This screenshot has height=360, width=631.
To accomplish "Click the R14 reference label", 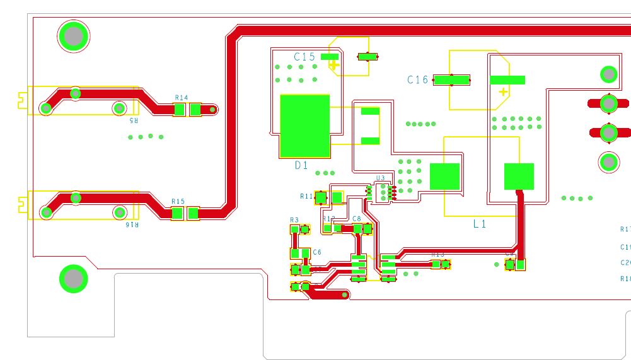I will (x=181, y=98).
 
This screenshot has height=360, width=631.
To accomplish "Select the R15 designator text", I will (x=178, y=202).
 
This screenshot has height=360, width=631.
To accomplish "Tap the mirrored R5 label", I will (x=133, y=120).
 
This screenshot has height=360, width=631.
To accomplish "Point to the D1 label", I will (x=301, y=166).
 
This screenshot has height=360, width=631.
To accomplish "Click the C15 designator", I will (x=304, y=57).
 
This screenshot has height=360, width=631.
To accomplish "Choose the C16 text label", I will (x=417, y=80).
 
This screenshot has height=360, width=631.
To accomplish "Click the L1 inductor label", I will (x=480, y=224).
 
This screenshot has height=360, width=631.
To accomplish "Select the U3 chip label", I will (x=379, y=178).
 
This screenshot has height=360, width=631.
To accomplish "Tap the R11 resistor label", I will (x=306, y=196).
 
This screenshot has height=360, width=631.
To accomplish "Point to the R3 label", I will (x=294, y=220).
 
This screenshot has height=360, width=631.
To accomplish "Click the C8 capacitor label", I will (x=357, y=219).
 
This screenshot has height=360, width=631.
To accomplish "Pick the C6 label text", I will (x=316, y=252).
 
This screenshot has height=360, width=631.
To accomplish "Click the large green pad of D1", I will (x=304, y=126).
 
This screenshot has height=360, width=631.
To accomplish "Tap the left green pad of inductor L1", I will (x=444, y=177).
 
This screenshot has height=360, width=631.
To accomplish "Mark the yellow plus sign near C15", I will (x=333, y=64).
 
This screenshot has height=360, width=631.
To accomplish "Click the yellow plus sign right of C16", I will (x=503, y=93).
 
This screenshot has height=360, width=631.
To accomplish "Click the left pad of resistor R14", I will (x=179, y=110).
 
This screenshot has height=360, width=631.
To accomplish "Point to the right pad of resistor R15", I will (x=193, y=214).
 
